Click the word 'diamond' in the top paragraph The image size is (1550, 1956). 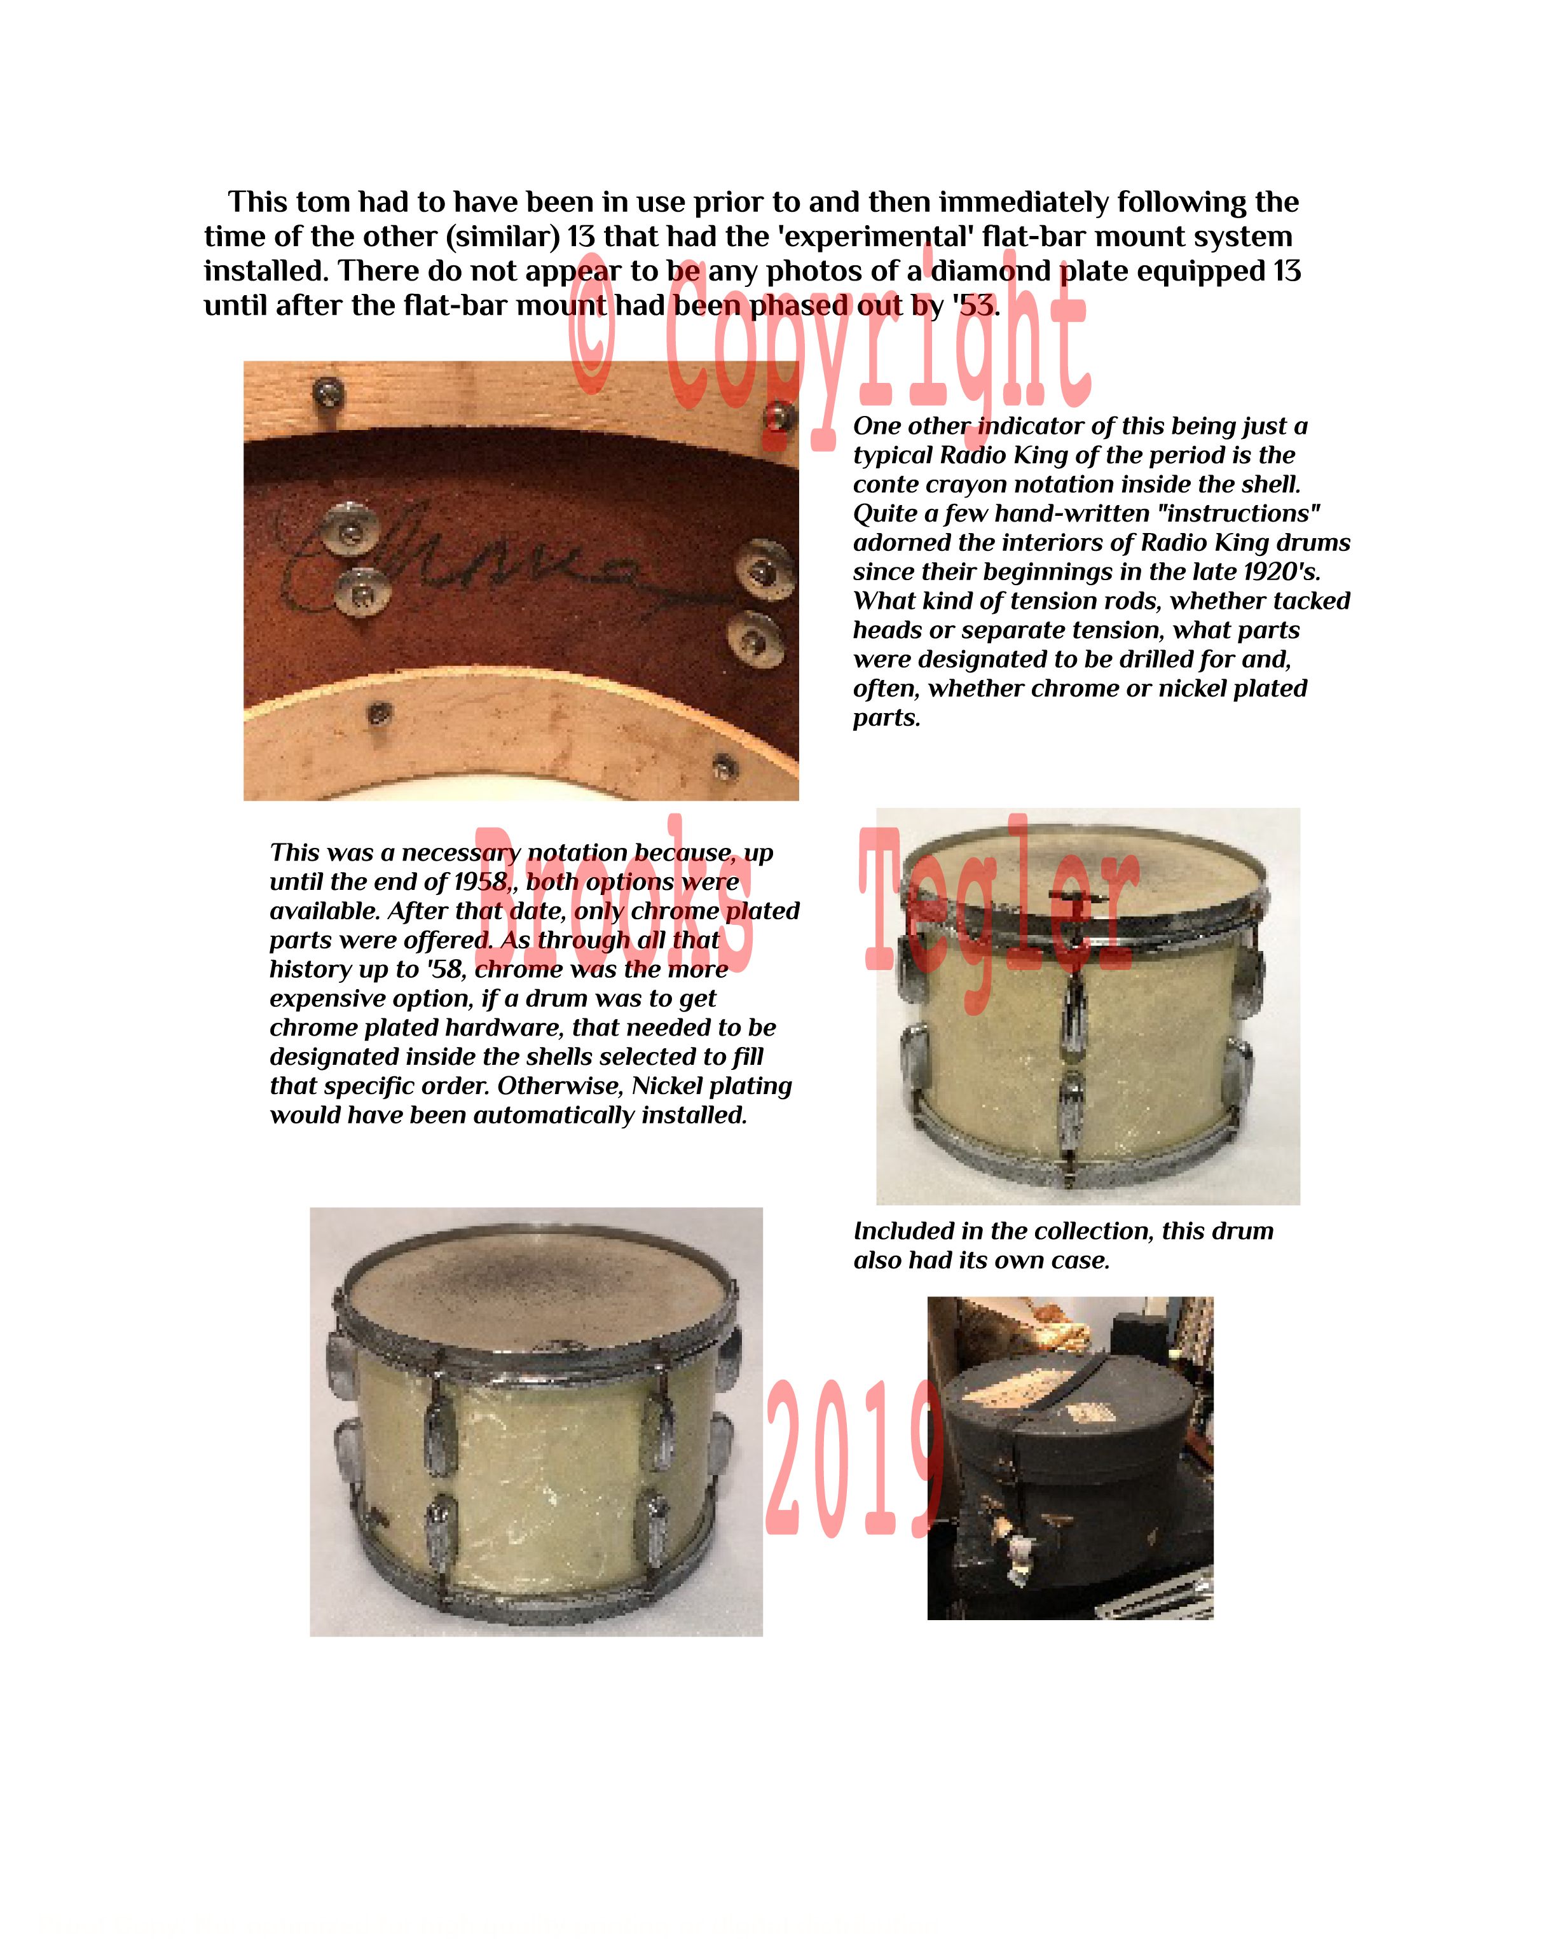(x=991, y=271)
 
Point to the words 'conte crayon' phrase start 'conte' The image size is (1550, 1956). (x=884, y=485)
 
